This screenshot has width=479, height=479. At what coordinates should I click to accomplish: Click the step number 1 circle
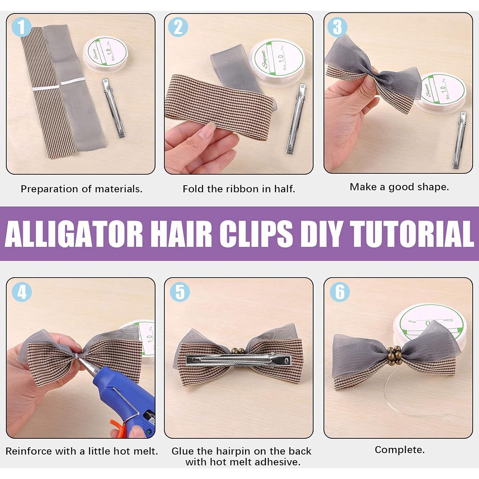21,27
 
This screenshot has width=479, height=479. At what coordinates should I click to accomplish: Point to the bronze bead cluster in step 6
393,355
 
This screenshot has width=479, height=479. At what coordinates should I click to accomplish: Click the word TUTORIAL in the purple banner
412,233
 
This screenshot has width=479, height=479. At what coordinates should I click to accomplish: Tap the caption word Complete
399,450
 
